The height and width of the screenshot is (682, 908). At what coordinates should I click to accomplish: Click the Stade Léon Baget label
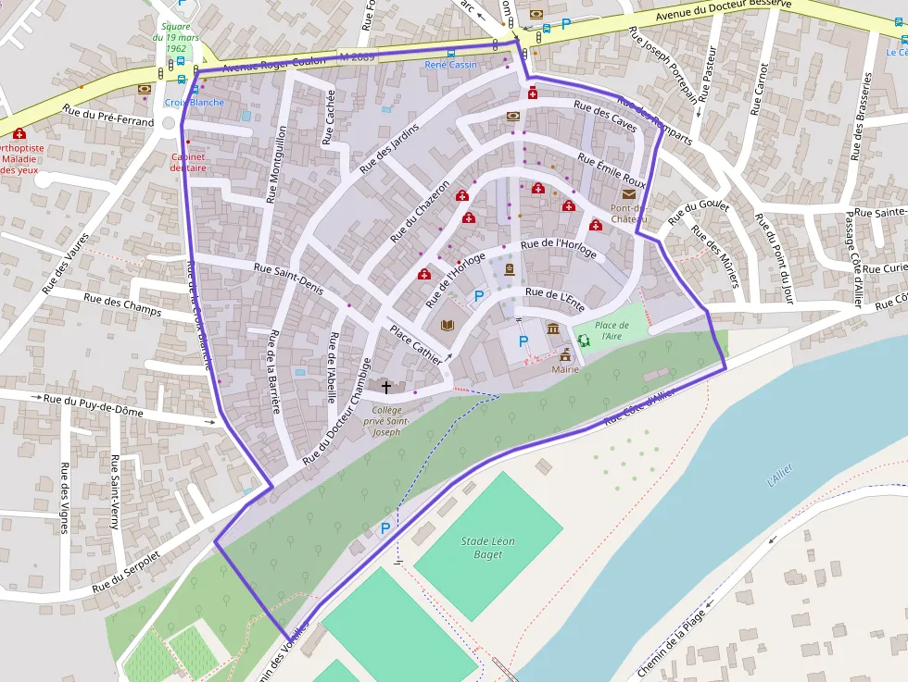click(x=487, y=548)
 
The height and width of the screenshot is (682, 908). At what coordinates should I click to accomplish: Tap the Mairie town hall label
click(x=565, y=369)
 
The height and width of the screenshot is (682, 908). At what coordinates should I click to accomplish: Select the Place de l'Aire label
click(x=612, y=330)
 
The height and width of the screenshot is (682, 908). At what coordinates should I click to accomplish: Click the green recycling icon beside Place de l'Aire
click(x=584, y=341)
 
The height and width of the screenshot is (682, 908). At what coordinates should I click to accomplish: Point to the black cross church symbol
click(x=386, y=388)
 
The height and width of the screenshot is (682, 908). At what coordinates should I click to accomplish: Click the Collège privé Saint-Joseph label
click(x=386, y=421)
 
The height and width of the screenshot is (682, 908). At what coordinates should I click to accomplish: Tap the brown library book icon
click(x=448, y=325)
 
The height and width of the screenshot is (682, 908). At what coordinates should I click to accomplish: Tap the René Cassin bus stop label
click(x=450, y=65)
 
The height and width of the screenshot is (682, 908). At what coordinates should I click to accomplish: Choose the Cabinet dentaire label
click(x=188, y=163)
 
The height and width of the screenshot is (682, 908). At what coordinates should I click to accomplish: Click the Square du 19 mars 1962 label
click(x=175, y=38)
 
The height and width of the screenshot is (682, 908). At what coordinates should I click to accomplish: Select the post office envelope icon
click(x=629, y=193)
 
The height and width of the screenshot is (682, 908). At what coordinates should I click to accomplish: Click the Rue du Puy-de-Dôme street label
click(x=93, y=404)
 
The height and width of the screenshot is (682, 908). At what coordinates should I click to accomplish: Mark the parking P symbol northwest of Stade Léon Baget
click(x=385, y=528)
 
